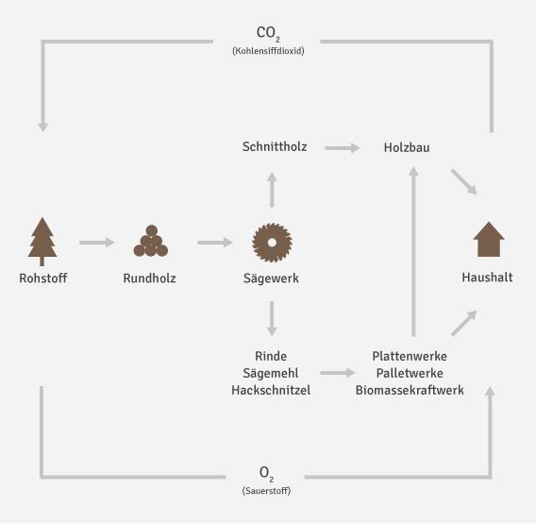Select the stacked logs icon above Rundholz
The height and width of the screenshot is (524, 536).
tap(150, 242)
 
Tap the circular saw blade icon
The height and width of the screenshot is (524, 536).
tap(271, 242)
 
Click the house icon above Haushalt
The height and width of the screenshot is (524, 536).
tap(488, 240)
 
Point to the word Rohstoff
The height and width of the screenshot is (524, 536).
tap(43, 279)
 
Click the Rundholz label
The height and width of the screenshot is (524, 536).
tap(149, 279)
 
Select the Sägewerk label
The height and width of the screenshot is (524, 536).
tap(271, 279)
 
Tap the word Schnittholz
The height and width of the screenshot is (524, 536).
tap(275, 147)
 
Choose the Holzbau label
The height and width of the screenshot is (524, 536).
tap(407, 147)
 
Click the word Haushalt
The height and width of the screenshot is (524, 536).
tap(487, 279)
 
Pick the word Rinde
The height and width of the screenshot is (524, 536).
tap(271, 356)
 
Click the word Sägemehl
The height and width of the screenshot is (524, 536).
tap(271, 373)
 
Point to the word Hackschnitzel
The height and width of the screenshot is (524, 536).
tap(271, 390)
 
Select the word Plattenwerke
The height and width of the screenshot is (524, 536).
tap(410, 356)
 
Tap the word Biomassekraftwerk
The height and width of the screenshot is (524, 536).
tap(410, 390)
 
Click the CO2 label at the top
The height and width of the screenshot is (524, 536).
tap(267, 33)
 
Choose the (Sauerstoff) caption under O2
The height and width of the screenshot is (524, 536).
tap(267, 491)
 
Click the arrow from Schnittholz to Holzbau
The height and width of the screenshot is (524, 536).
tap(343, 148)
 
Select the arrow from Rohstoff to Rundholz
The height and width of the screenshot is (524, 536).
tap(97, 243)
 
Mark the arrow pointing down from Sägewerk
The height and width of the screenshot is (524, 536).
tap(272, 319)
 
